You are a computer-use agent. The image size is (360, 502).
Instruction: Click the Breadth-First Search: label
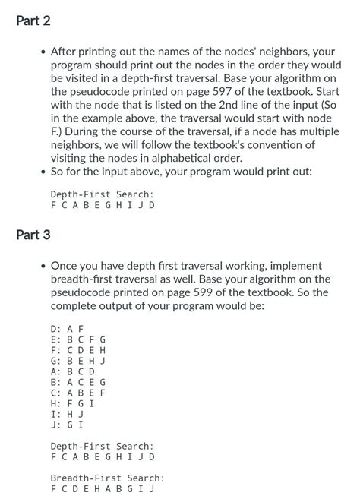[x=107, y=478]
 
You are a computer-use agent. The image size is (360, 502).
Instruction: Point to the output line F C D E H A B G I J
[x=102, y=489]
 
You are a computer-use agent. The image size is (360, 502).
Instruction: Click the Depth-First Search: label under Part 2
[x=102, y=194]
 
